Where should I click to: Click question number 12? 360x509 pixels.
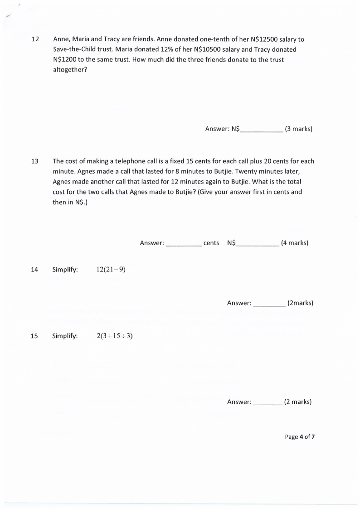34,39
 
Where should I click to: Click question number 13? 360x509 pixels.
34,161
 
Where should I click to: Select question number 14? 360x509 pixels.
34,270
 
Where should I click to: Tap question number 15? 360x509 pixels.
34,336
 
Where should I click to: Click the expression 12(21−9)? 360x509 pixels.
111,270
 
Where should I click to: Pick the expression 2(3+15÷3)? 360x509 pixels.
115,336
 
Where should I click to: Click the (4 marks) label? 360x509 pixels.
295,243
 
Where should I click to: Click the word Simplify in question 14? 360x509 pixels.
65,270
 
